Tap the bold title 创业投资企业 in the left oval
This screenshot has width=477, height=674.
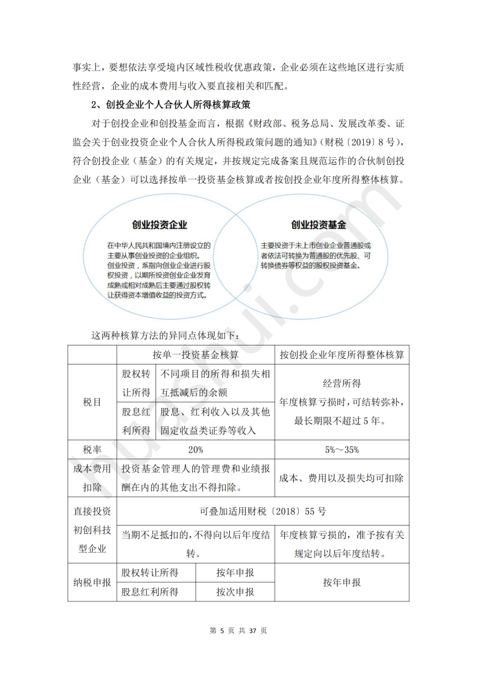point(159,224)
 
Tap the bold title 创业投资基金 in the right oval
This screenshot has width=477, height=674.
point(318,224)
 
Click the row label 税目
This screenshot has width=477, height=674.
point(92,402)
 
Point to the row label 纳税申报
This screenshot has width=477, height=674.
point(92,582)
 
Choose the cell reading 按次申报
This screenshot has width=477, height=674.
point(235,592)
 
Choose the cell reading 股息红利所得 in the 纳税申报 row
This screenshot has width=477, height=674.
point(150,592)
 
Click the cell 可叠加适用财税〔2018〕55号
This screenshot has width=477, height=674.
point(262,510)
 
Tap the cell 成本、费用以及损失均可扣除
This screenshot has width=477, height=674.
point(342,478)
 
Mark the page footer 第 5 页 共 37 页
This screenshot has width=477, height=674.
point(238,630)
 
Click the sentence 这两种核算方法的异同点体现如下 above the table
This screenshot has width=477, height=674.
point(166,334)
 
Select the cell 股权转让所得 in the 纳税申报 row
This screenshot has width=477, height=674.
point(150,572)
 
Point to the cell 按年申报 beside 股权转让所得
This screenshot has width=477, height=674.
point(235,572)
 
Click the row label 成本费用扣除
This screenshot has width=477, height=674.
point(92,478)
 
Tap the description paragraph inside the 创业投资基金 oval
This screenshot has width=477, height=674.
point(316,255)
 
